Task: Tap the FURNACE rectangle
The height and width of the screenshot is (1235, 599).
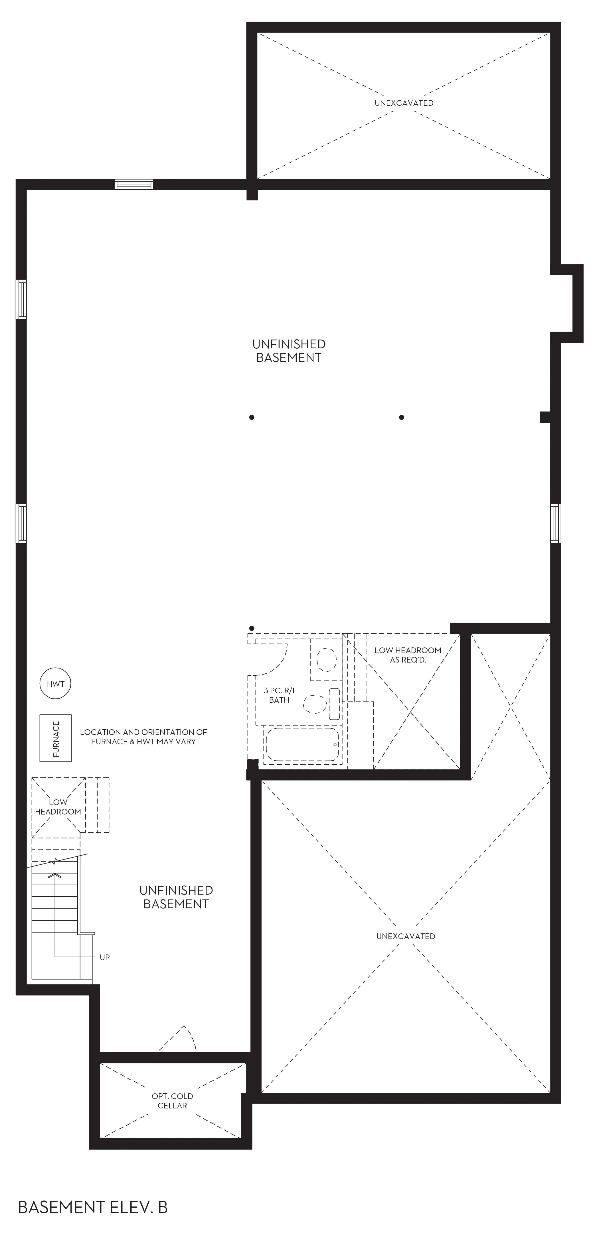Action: [56, 738]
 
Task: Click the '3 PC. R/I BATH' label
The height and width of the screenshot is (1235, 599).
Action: [279, 695]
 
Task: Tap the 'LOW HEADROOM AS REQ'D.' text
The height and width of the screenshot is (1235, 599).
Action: [408, 655]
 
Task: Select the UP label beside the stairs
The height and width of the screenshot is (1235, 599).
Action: [105, 957]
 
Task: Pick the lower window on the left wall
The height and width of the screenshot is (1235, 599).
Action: [21, 523]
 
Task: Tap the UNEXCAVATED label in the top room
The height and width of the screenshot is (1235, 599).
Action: [404, 103]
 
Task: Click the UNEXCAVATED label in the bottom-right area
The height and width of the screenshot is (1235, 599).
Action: [406, 936]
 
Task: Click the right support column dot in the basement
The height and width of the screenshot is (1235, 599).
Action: [401, 417]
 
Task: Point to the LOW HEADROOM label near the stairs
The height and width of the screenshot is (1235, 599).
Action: [58, 807]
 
